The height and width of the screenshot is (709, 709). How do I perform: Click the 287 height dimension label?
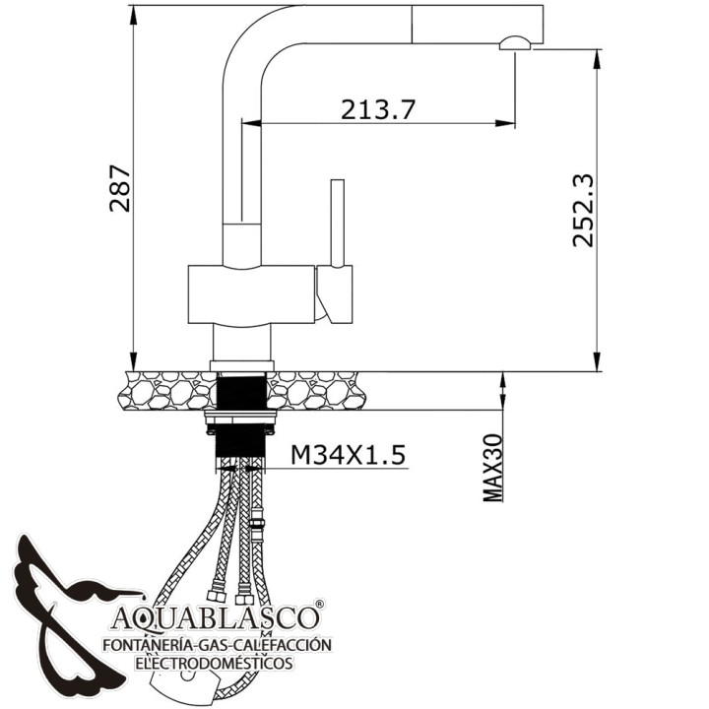click(x=120, y=188)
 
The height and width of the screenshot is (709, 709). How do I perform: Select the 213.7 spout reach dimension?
click(x=377, y=109)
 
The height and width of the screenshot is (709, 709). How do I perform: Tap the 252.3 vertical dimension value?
click(x=582, y=211)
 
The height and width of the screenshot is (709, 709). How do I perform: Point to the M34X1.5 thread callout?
click(x=348, y=455)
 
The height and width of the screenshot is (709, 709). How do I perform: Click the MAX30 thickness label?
click(x=492, y=468)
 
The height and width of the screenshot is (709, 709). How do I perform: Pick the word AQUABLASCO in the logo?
click(x=214, y=617)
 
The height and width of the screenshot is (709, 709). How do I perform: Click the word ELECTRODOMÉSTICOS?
click(x=214, y=664)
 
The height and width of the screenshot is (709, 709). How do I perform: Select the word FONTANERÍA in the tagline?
click(x=146, y=644)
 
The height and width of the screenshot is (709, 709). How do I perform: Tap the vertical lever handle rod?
click(x=338, y=223)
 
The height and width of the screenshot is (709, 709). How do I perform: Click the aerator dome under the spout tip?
click(x=515, y=43)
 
